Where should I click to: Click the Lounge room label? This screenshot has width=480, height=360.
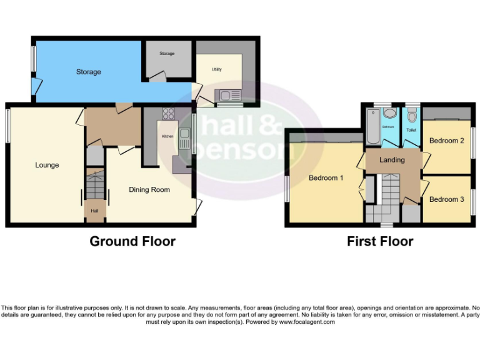pos(47,165)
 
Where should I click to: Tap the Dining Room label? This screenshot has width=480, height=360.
pos(149,189)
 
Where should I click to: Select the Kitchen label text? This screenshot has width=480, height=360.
pos(167,136)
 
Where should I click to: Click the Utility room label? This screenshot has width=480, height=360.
pos(217,69)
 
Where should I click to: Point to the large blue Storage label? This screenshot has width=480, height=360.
pos(88,72)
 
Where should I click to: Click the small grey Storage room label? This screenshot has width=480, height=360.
pos(166,54)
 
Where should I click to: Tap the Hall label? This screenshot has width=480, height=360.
pos(94,211)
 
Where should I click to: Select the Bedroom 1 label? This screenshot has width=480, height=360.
pos(326,178)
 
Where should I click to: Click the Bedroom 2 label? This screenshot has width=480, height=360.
pos(446,141)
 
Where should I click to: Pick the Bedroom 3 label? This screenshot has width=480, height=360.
pos(446,199)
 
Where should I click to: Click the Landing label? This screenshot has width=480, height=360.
pos(392,160)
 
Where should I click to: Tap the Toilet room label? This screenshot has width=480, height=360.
pos(411,130)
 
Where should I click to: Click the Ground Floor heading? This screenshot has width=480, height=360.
pos(132,241)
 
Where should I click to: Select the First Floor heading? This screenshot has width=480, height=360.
pos(380,241)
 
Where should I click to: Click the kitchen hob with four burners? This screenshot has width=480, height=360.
pos(168,114)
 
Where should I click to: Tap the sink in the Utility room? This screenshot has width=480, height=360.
pos(224,96)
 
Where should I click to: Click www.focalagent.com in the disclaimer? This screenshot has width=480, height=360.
pos(307,322)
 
